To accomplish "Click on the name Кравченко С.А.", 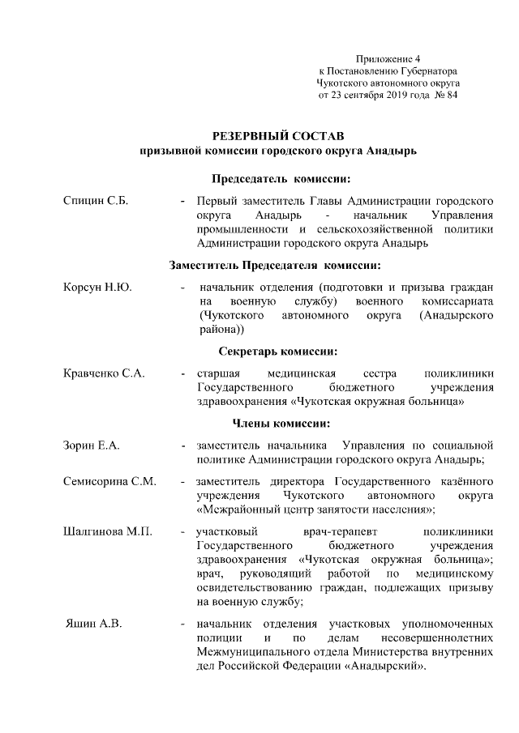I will [104, 373].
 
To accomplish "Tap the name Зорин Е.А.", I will [92, 445].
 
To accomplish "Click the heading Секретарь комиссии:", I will [278, 352].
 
